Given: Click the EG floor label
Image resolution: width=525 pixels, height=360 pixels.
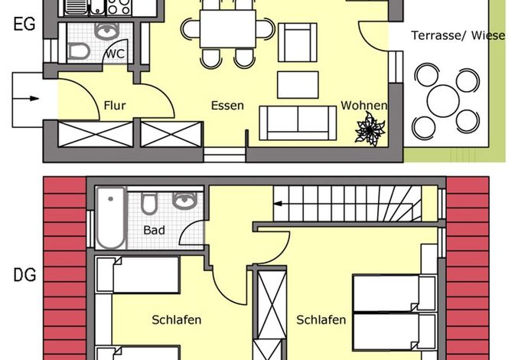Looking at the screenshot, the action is (x=24, y=25).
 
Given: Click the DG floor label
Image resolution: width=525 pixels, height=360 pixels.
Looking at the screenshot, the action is (x=24, y=276).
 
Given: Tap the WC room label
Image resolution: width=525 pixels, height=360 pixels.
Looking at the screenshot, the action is (x=115, y=54).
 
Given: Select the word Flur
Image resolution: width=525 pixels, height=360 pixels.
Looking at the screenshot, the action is (x=115, y=106).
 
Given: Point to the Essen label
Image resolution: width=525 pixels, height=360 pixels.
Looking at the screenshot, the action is (x=227, y=106).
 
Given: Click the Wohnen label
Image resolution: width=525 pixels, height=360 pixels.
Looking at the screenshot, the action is (x=364, y=105).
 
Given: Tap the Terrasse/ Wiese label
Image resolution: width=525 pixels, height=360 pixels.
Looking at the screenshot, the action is (x=458, y=35).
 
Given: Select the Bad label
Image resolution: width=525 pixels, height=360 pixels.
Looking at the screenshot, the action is (x=154, y=231).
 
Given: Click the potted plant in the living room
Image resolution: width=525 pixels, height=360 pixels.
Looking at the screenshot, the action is (x=370, y=129).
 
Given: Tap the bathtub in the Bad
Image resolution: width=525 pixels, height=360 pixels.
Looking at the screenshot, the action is (x=111, y=218).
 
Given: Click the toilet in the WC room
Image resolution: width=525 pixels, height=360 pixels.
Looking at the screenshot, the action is (x=78, y=52).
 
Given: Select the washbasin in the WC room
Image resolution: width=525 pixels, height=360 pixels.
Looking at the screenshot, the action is (x=107, y=31).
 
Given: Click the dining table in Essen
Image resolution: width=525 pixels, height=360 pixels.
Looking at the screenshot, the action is (x=228, y=29).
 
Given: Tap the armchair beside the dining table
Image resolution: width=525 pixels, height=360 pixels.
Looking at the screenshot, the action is (x=297, y=43).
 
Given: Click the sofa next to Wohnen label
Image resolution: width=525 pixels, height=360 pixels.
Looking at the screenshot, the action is (x=298, y=123).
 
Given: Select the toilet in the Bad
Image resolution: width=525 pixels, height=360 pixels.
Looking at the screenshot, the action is (x=148, y=203).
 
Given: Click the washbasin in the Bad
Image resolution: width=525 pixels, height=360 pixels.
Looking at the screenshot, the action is (x=184, y=201).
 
